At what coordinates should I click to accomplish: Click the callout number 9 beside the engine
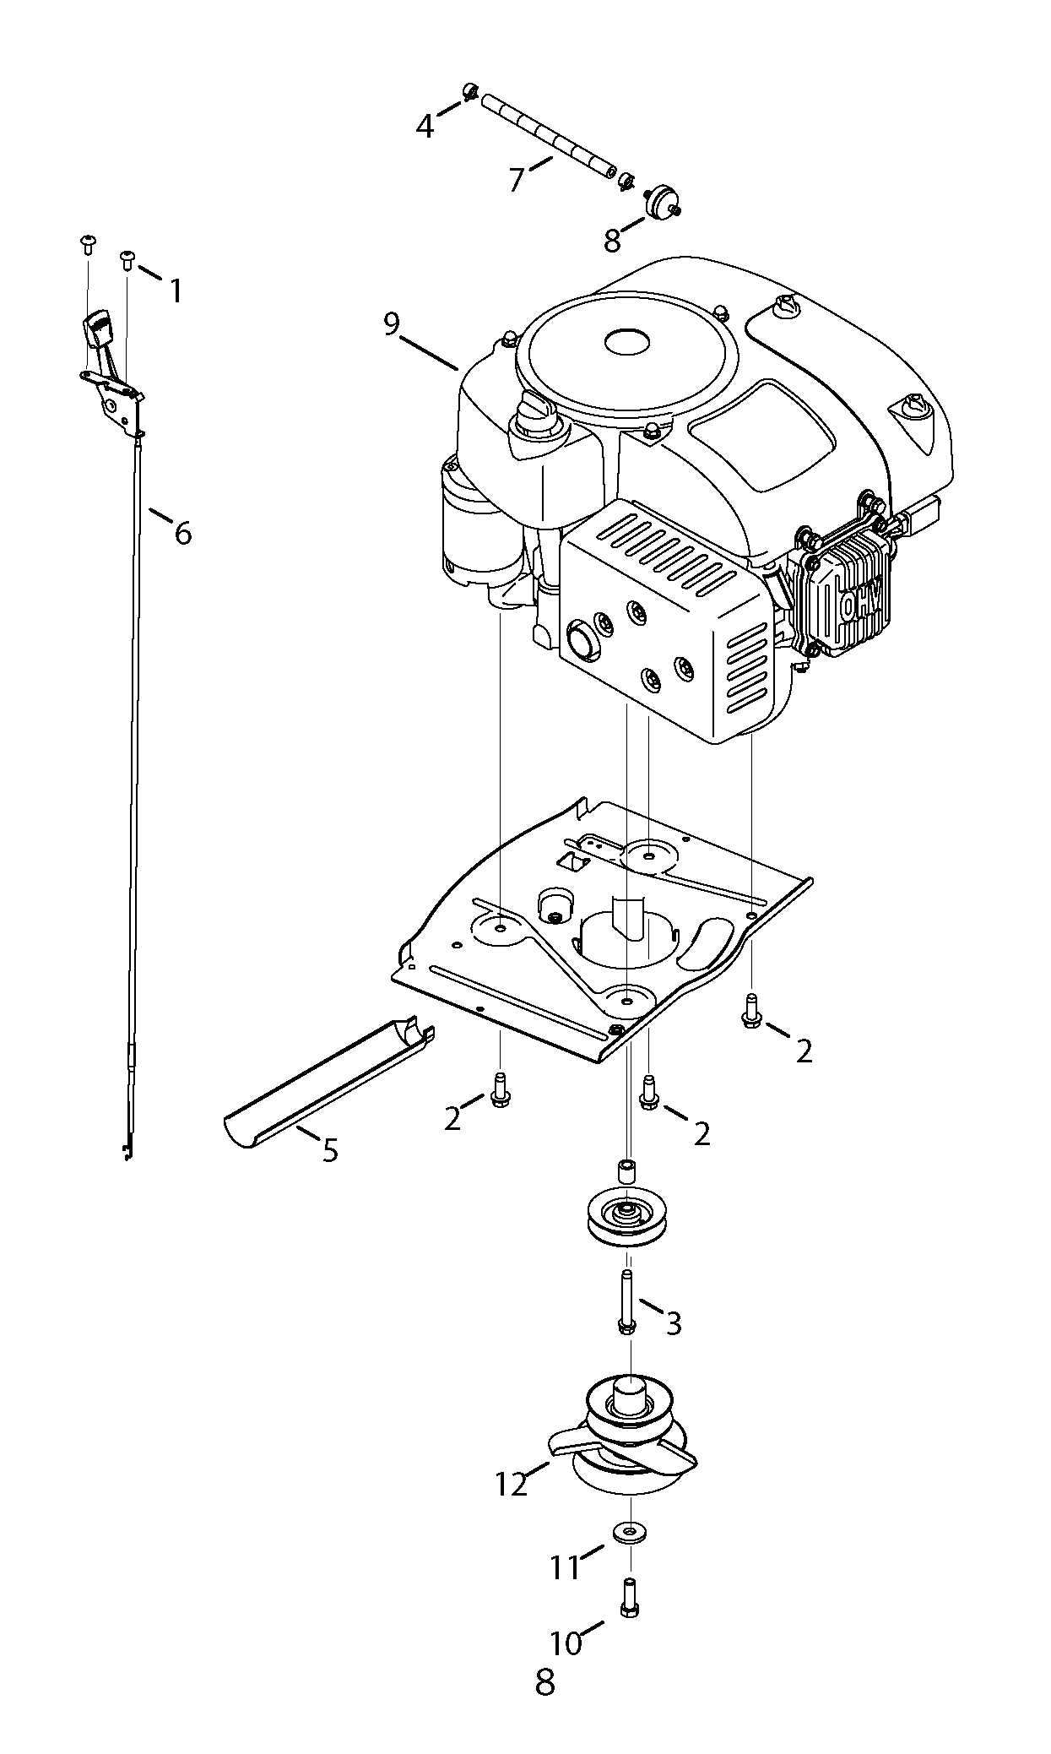pos(391,324)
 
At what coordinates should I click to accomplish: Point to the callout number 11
pos(565,1567)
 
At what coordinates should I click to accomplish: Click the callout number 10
pos(566,1643)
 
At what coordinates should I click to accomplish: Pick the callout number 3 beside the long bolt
pos(673,1322)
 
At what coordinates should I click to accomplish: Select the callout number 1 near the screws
pos(176,291)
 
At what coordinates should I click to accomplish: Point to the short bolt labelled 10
pos(629,1597)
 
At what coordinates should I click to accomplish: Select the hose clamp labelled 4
pos(471,91)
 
